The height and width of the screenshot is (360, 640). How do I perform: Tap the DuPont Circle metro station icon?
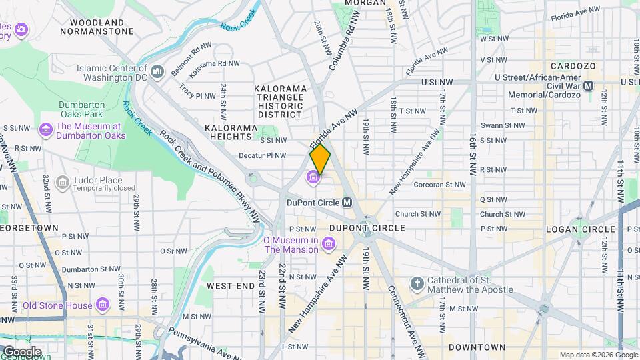coord(347,202)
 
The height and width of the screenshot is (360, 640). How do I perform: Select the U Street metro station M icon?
coord(588,86)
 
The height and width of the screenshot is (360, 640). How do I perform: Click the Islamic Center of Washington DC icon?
coord(157,71)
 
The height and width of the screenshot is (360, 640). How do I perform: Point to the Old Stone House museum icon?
coord(102,305)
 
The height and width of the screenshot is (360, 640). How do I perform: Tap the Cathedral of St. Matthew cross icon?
coord(417,284)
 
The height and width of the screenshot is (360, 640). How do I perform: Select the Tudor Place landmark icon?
coord(62,182)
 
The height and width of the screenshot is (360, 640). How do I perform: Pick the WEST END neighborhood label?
coord(230,285)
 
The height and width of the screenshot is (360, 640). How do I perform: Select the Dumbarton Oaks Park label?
coord(83,109)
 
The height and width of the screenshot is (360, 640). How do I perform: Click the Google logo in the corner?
coord(21,351)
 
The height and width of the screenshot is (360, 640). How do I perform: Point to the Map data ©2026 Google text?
coord(597,355)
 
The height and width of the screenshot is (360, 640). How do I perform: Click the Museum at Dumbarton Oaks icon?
coord(46,128)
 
